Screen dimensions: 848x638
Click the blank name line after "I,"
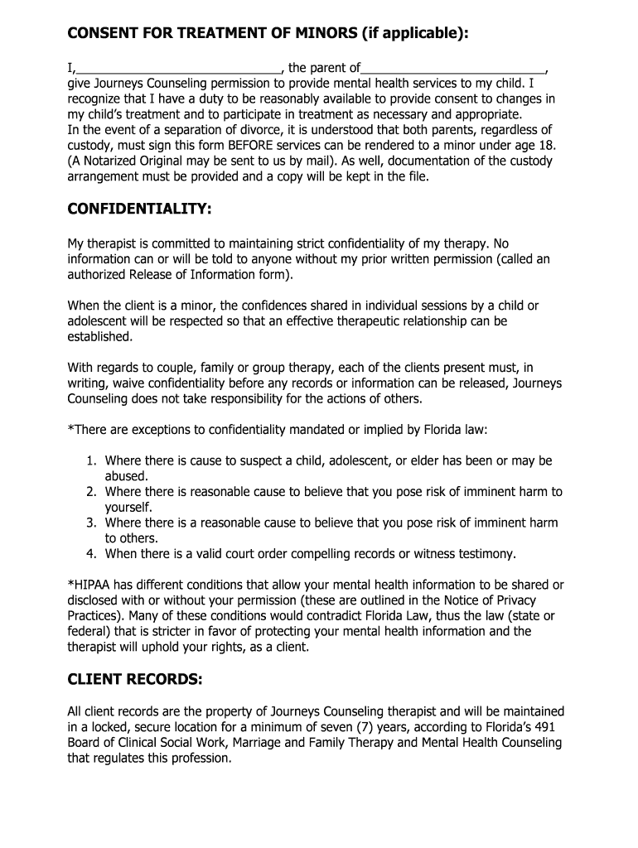click(179, 68)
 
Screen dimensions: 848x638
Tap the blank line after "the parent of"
click(454, 68)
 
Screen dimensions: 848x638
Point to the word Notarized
click(111, 161)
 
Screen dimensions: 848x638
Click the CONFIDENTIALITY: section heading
click(139, 210)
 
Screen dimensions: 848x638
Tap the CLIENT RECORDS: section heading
click(134, 680)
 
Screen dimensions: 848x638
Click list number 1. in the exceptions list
click(91, 460)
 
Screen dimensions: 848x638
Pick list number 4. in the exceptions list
click(91, 554)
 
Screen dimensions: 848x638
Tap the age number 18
click(548, 146)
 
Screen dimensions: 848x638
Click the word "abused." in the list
click(126, 476)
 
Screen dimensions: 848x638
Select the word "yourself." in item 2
click(128, 508)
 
